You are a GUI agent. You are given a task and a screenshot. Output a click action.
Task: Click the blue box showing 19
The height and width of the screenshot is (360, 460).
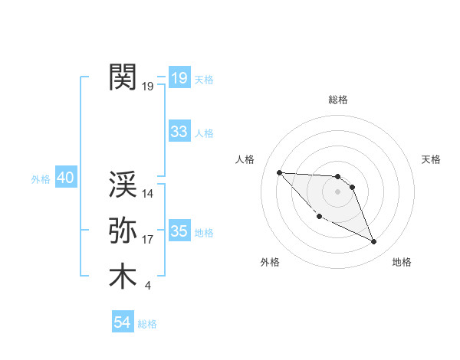click(179, 77)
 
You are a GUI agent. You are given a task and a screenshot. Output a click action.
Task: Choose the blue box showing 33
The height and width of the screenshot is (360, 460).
click(179, 132)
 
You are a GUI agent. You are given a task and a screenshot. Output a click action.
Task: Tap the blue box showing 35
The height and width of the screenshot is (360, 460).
click(179, 231)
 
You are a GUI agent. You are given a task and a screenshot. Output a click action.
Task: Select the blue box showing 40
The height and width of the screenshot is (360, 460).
click(65, 178)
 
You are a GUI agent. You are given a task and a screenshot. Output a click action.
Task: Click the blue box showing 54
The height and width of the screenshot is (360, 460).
click(122, 322)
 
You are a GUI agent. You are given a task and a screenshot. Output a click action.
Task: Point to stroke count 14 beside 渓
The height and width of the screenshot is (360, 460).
click(149, 194)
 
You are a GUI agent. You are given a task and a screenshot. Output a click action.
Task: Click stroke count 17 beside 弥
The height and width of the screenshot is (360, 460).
click(148, 240)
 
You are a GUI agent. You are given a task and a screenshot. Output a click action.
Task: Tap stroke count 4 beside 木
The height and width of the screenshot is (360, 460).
click(147, 286)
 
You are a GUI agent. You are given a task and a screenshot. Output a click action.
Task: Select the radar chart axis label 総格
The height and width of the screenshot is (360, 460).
click(337, 100)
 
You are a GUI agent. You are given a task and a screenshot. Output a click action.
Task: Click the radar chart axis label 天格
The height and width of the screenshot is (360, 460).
click(432, 159)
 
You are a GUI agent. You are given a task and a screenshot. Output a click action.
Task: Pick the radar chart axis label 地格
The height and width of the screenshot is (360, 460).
click(402, 262)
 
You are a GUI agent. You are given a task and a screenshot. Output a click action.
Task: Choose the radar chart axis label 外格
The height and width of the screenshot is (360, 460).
click(270, 262)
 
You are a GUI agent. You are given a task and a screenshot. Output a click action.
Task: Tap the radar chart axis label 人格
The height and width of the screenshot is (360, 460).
click(245, 159)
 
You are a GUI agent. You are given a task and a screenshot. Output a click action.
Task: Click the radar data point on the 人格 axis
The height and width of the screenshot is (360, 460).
click(279, 172)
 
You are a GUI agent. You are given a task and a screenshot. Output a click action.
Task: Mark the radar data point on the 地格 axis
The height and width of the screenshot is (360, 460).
click(374, 242)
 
